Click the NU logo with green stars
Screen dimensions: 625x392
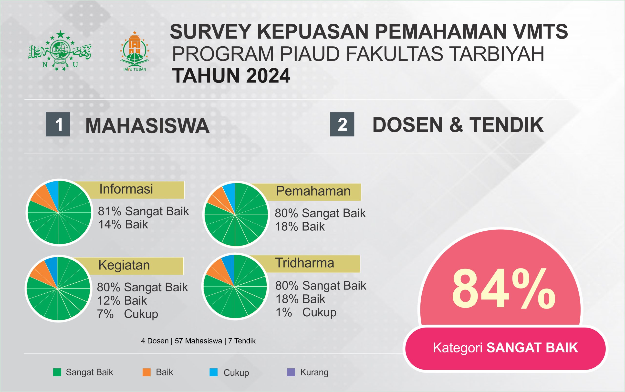(60, 51)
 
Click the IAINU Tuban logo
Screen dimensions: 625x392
(135, 51)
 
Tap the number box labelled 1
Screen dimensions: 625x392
(58, 124)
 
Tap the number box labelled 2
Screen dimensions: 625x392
(342, 124)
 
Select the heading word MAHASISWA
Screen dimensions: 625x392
(147, 126)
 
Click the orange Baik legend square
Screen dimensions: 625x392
(146, 372)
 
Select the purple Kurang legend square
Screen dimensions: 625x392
(291, 372)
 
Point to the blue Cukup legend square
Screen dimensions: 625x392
(213, 372)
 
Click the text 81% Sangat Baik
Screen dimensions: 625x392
(143, 212)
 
